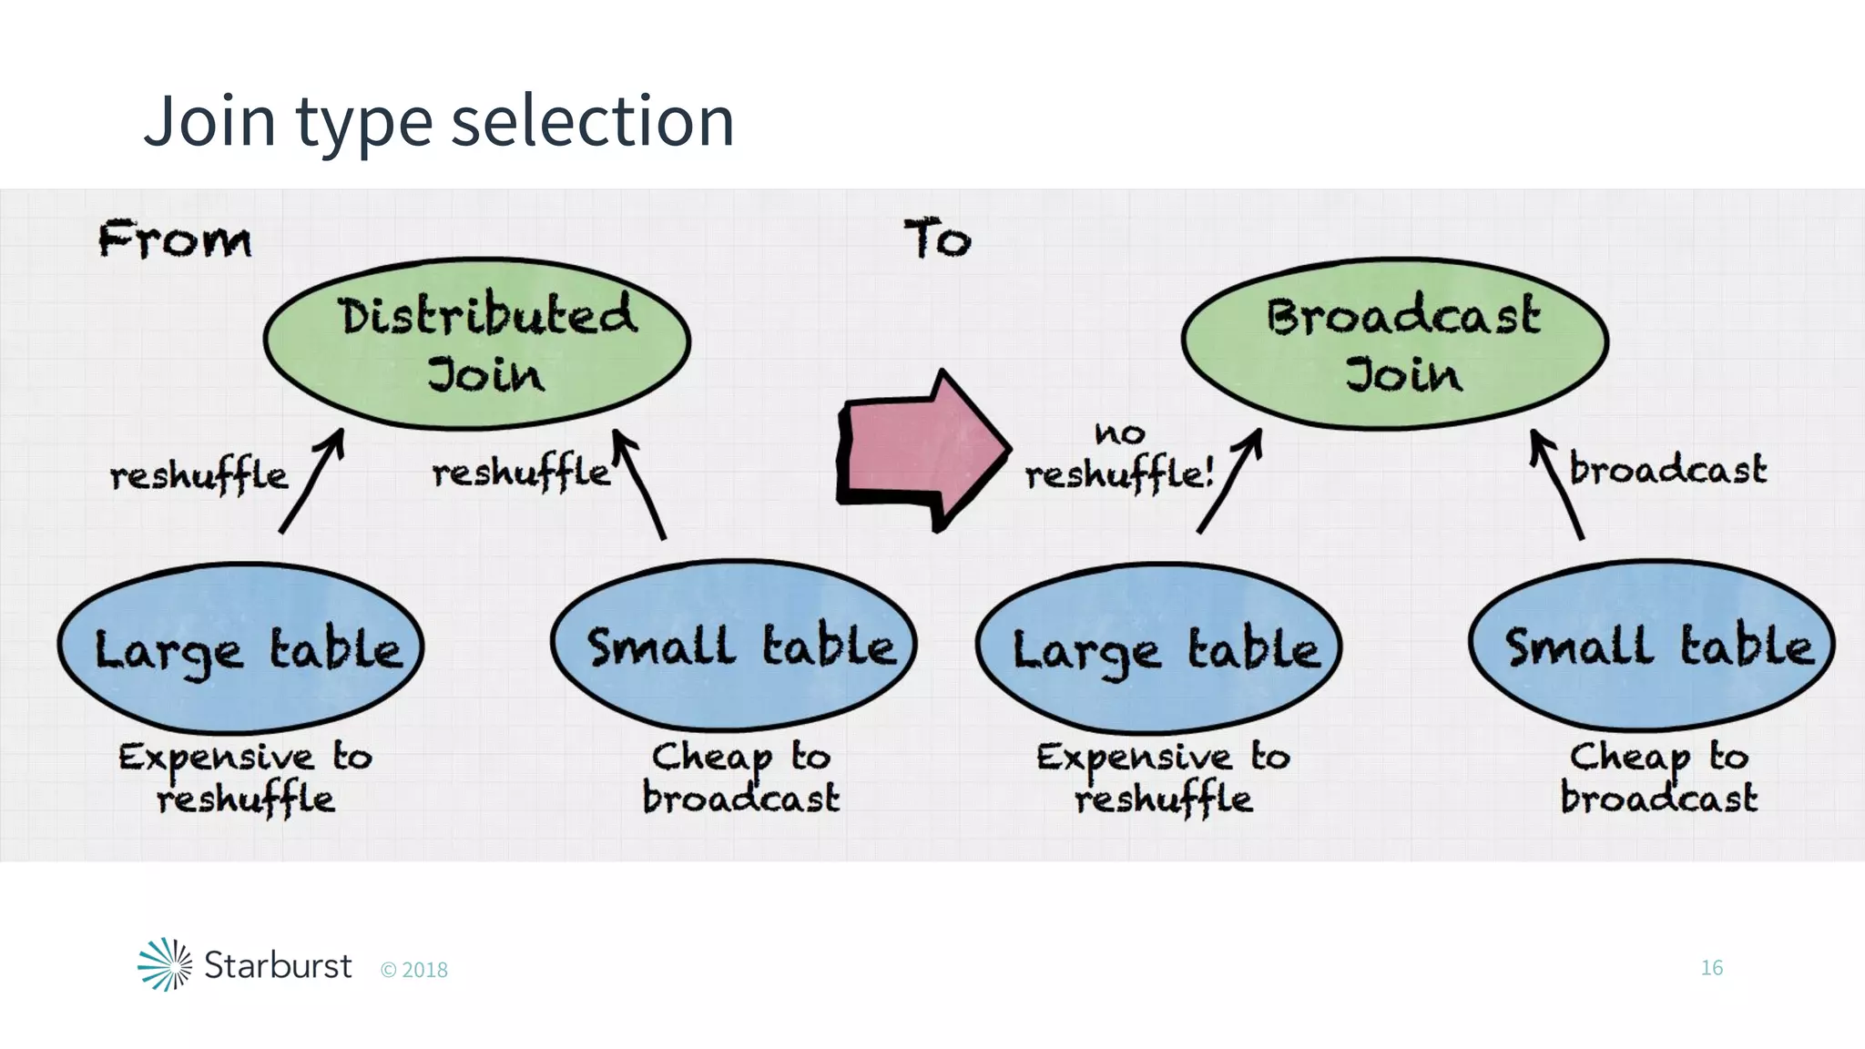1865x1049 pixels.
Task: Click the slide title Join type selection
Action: [x=439, y=120]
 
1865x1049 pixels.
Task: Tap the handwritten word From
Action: [x=174, y=239]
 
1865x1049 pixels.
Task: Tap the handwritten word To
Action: [x=937, y=239]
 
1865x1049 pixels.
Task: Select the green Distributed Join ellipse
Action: [x=477, y=343]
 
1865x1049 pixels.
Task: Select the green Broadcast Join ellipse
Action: [x=1395, y=343]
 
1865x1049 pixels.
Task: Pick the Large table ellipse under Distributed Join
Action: [x=241, y=647]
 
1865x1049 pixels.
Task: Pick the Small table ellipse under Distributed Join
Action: [x=734, y=645]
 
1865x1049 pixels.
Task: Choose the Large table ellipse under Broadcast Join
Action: [x=1158, y=647]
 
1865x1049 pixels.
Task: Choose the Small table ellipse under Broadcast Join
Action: [x=1652, y=645]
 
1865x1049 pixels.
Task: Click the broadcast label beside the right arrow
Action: [x=1667, y=470]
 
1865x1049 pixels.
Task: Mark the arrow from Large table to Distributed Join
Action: [x=311, y=482]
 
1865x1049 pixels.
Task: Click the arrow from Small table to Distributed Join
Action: [x=639, y=484]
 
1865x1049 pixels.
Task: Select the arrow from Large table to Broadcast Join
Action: [x=1229, y=482]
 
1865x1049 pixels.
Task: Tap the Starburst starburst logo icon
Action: [x=165, y=963]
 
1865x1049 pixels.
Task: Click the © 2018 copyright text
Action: [x=414, y=970]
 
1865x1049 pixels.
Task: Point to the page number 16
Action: [x=1711, y=967]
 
